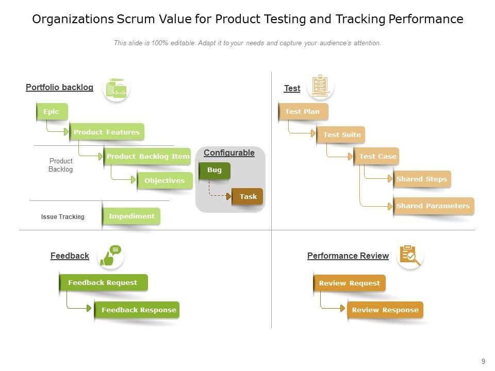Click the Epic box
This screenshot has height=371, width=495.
click(x=52, y=112)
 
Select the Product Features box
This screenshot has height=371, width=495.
click(x=107, y=132)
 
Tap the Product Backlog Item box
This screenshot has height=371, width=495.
click(x=147, y=157)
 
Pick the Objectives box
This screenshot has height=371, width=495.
click(x=164, y=181)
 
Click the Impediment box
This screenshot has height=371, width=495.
click(x=131, y=216)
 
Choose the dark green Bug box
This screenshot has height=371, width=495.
click(x=214, y=170)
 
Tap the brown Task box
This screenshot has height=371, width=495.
click(x=248, y=196)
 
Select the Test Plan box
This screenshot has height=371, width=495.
click(x=303, y=112)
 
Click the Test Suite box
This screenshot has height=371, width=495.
click(x=341, y=135)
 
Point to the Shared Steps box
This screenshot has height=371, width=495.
click(x=422, y=179)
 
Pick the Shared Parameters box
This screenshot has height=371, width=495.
click(x=433, y=206)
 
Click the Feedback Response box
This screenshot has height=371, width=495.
click(x=138, y=310)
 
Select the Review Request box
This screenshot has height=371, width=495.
click(x=350, y=283)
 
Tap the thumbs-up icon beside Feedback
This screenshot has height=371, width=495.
click(x=110, y=256)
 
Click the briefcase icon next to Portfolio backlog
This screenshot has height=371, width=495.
click(x=117, y=89)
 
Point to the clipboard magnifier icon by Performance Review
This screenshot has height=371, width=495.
click(x=410, y=255)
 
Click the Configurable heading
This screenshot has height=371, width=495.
click(x=229, y=153)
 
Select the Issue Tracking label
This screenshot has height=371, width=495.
click(x=63, y=217)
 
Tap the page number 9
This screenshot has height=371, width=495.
click(x=483, y=362)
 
